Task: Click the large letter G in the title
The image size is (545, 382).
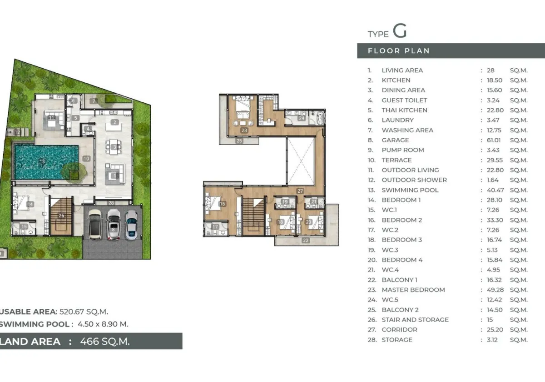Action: (x=400, y=31)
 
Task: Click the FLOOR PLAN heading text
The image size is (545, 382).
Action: (x=399, y=51)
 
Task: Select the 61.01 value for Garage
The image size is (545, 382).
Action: (x=494, y=140)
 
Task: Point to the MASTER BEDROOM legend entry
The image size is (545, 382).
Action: (x=413, y=290)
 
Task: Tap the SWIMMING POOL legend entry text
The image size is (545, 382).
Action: (x=410, y=190)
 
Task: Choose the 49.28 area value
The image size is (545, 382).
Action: (x=495, y=290)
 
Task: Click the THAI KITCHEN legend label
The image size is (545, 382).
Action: (x=404, y=110)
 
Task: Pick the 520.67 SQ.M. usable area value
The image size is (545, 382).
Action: (x=84, y=312)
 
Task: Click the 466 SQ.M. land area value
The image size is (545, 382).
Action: (x=105, y=342)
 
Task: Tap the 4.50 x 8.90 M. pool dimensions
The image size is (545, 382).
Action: (x=103, y=324)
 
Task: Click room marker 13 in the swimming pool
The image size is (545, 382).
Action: (x=42, y=161)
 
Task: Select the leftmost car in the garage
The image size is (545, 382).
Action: (x=95, y=224)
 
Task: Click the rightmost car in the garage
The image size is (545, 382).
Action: (x=131, y=224)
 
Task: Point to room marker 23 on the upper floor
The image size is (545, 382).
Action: (x=244, y=131)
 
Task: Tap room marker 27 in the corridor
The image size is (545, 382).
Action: (x=300, y=191)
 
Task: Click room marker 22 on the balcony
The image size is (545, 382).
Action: (x=305, y=241)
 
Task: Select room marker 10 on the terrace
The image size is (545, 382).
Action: (x=86, y=159)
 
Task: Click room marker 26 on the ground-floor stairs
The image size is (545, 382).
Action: (x=62, y=216)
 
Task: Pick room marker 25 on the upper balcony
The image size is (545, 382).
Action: (x=239, y=141)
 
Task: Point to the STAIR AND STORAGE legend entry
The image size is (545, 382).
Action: (x=415, y=320)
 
